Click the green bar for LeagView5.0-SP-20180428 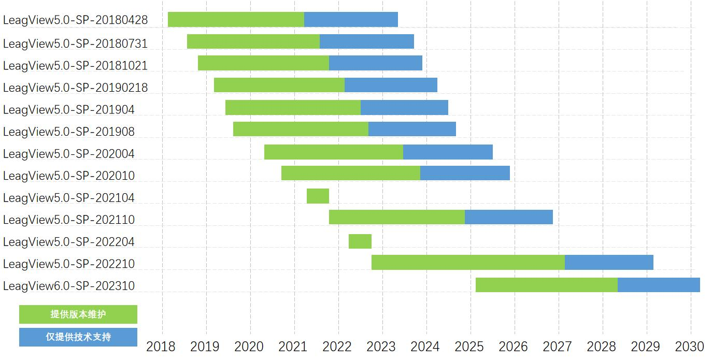(236, 19)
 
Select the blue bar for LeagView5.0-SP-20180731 (366, 41)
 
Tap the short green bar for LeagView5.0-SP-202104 (318, 196)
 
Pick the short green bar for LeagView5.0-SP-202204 (360, 241)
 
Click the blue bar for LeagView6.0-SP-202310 (659, 285)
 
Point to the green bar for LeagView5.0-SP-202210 (468, 263)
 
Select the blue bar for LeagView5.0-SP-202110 (508, 217)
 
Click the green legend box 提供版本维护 (78, 314)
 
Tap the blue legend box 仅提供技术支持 (78, 337)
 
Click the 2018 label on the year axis (161, 347)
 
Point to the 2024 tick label (425, 347)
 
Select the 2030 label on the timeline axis (690, 347)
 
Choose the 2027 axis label (558, 347)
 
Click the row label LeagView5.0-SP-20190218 (76, 88)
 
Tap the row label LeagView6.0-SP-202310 (69, 286)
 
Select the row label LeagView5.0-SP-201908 (69, 132)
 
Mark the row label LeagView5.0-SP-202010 (69, 176)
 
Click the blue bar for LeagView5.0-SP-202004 (448, 152)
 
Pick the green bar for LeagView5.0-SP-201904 (293, 108)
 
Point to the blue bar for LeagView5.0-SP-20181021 (375, 63)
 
